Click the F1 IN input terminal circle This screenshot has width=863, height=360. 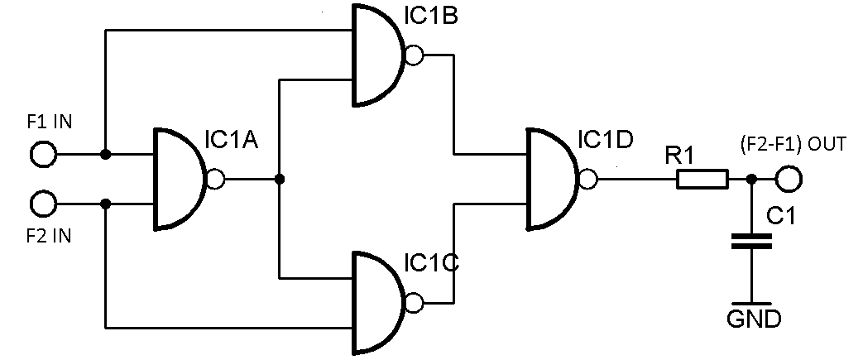click(42, 154)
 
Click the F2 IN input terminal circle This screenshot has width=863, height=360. click(42, 203)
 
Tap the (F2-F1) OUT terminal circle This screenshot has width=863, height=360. click(789, 179)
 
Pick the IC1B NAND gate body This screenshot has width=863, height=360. click(376, 55)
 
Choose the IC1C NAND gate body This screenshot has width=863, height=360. click(376, 301)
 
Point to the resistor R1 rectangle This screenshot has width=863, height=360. click(702, 179)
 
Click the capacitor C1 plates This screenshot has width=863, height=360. click(751, 241)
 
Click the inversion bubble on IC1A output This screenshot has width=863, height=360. click(215, 179)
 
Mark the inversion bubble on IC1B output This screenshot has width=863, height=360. click(414, 55)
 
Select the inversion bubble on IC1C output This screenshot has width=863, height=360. click(414, 301)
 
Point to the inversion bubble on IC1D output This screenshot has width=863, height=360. click(588, 179)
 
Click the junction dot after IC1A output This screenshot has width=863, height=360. click(280, 179)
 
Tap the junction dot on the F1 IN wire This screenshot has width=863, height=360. click(105, 154)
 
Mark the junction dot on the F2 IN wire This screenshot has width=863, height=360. click(105, 203)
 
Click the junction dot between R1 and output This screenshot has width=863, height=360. click(751, 179)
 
